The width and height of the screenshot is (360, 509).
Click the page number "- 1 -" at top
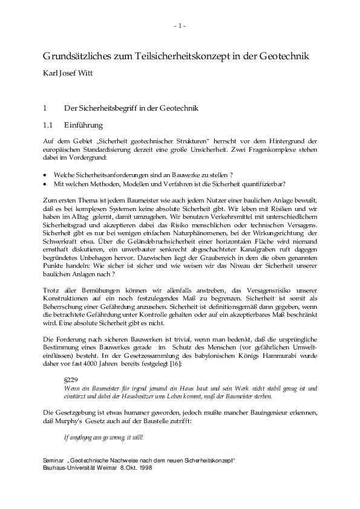[x=180, y=25]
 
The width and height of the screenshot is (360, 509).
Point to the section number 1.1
[x=48, y=125]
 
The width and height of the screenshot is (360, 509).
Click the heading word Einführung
[x=83, y=125]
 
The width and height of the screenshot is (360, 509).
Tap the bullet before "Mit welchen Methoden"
[x=46, y=184]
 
